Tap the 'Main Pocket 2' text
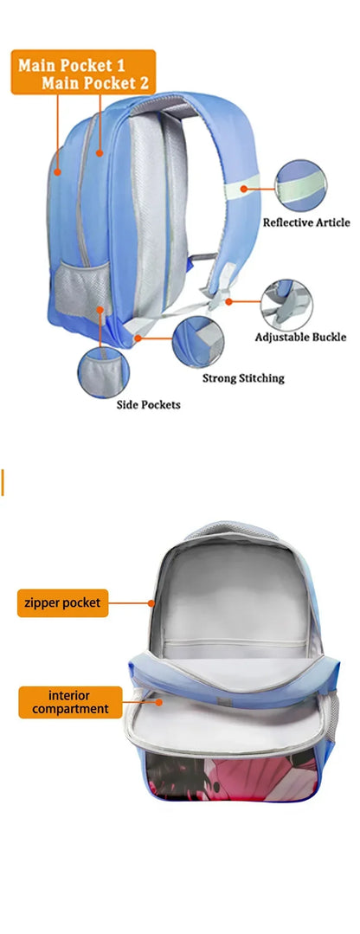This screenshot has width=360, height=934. (x=95, y=83)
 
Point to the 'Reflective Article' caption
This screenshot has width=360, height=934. (x=306, y=222)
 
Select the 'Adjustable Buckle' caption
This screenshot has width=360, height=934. (x=300, y=337)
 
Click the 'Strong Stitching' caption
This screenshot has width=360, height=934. (x=243, y=378)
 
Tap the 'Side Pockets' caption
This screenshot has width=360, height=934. (x=148, y=405)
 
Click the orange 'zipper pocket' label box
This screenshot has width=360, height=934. (x=63, y=602)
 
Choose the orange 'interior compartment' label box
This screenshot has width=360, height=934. (x=70, y=702)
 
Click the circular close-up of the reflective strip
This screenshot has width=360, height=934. (x=301, y=185)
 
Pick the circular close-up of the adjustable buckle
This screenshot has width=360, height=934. (x=286, y=306)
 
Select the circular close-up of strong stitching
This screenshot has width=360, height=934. (x=198, y=342)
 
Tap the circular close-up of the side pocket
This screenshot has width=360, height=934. (x=104, y=371)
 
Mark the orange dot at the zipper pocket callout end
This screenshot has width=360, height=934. (x=151, y=603)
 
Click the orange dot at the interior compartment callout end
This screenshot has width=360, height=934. (x=159, y=702)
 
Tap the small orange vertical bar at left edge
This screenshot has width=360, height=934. (x=3, y=482)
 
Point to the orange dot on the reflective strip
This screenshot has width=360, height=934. (x=244, y=189)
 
